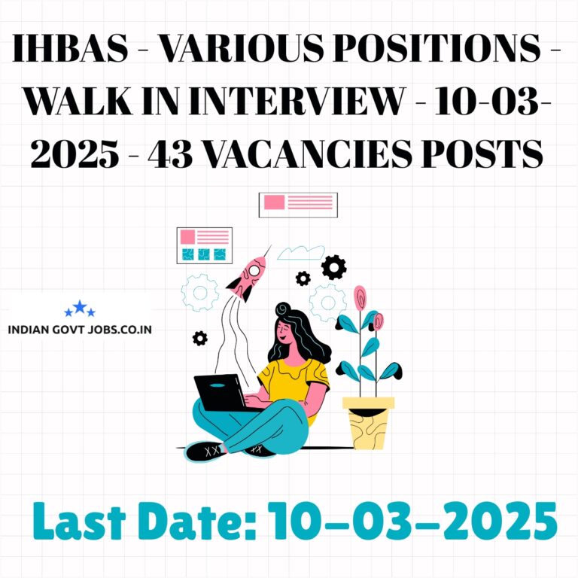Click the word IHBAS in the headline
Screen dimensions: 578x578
click(x=71, y=48)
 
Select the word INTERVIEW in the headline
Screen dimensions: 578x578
click(x=297, y=101)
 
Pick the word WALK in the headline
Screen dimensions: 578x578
click(x=78, y=101)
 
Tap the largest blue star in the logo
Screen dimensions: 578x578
click(x=80, y=307)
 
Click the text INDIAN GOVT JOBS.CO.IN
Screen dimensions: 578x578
click(x=80, y=329)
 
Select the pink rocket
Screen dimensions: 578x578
click(x=248, y=278)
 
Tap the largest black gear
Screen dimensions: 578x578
click(x=333, y=267)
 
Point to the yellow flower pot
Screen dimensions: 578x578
click(x=368, y=423)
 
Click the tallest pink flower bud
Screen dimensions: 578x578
click(x=360, y=297)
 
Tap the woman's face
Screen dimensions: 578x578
click(x=283, y=331)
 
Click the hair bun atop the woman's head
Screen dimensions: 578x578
click(x=283, y=309)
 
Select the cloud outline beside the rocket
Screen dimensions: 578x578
click(x=301, y=253)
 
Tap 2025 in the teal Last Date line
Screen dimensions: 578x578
click(x=500, y=521)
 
